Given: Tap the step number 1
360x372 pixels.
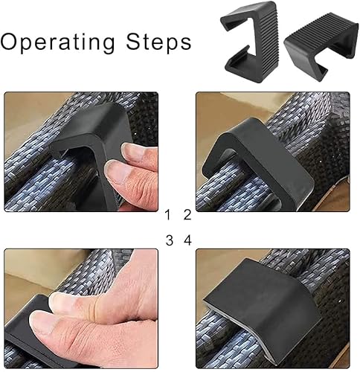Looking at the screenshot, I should [168, 216].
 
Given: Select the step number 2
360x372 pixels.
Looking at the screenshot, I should [187, 216].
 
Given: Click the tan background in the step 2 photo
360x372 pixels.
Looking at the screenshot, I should [223, 108].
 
